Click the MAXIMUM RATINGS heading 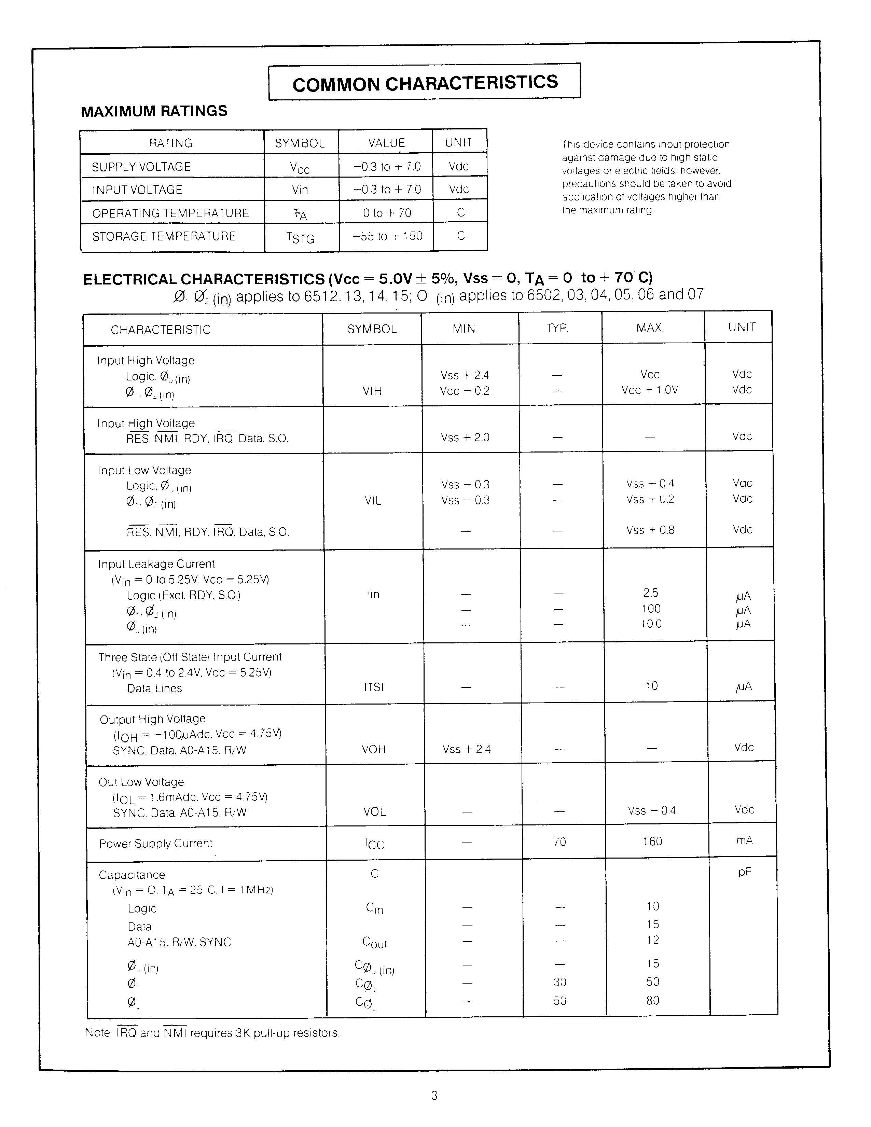(x=154, y=111)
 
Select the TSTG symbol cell (x=300, y=237)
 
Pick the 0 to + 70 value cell (x=387, y=213)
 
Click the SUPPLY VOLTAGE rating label (x=141, y=167)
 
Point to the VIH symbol (x=372, y=391)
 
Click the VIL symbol (x=373, y=501)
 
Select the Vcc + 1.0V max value (x=650, y=390)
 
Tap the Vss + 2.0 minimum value (x=465, y=437)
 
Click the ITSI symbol (x=374, y=687)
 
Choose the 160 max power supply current (x=652, y=841)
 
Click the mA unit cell (x=744, y=840)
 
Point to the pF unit (x=744, y=872)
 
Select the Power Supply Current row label (x=156, y=844)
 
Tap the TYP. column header (x=557, y=328)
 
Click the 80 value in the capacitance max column (x=653, y=1001)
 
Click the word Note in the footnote (x=98, y=1033)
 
